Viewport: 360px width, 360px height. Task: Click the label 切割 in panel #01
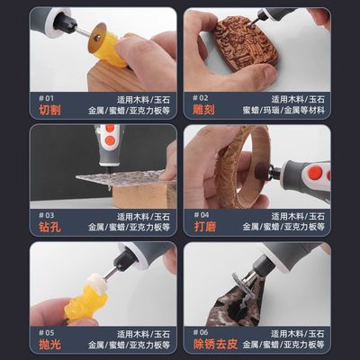click(50, 110)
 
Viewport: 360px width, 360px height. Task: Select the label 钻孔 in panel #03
click(50, 228)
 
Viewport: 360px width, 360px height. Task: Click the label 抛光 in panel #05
click(50, 345)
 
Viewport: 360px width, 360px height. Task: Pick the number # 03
click(46, 213)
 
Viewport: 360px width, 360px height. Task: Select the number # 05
click(46, 330)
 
